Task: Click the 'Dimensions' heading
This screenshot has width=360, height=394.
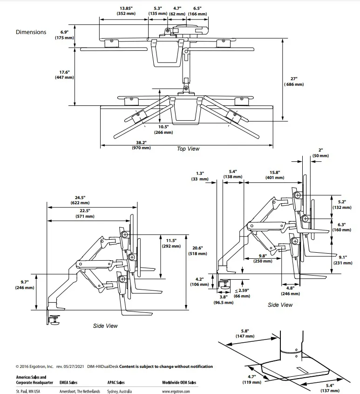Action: coord(31,32)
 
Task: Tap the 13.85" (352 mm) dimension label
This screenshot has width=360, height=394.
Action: coord(126,11)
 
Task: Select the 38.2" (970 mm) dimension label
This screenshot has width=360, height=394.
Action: coord(141,145)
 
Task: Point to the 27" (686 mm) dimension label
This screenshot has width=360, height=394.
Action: coord(294,82)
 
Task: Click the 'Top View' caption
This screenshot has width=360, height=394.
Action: coord(188,149)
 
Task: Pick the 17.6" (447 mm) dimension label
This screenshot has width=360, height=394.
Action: coord(64,75)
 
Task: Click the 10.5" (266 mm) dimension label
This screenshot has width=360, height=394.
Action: coord(163,130)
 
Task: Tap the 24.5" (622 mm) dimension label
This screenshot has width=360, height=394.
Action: coord(80,200)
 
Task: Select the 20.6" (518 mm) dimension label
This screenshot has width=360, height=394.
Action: coord(197,251)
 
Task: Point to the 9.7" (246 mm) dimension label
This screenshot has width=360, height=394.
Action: coord(25,285)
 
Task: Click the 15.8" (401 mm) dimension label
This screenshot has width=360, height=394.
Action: coord(275,175)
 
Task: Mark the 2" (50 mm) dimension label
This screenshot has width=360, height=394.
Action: coord(320,153)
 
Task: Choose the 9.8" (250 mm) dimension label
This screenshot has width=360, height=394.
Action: coord(263,258)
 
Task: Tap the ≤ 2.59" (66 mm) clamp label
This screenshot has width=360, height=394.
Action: coord(242,293)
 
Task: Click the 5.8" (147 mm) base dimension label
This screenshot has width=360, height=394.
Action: coord(245,334)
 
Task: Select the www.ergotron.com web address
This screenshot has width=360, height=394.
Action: coord(176,392)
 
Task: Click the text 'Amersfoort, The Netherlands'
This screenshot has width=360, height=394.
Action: coord(80,392)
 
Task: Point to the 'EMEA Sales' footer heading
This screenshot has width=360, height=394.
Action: coord(68,383)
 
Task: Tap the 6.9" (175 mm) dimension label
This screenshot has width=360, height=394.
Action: coord(64,35)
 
